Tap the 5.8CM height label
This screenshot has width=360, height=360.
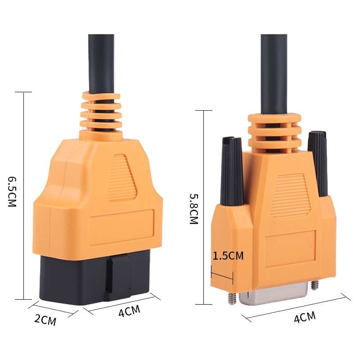[193, 209]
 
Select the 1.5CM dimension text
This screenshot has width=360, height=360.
[228, 256]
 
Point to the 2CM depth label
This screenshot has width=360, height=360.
[45, 320]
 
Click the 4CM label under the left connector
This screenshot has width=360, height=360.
[129, 311]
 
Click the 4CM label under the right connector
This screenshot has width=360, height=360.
[305, 318]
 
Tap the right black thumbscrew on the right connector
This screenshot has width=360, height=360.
[317, 162]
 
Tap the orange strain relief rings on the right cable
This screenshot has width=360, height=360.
[274, 133]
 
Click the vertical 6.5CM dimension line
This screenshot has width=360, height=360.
[23, 193]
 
